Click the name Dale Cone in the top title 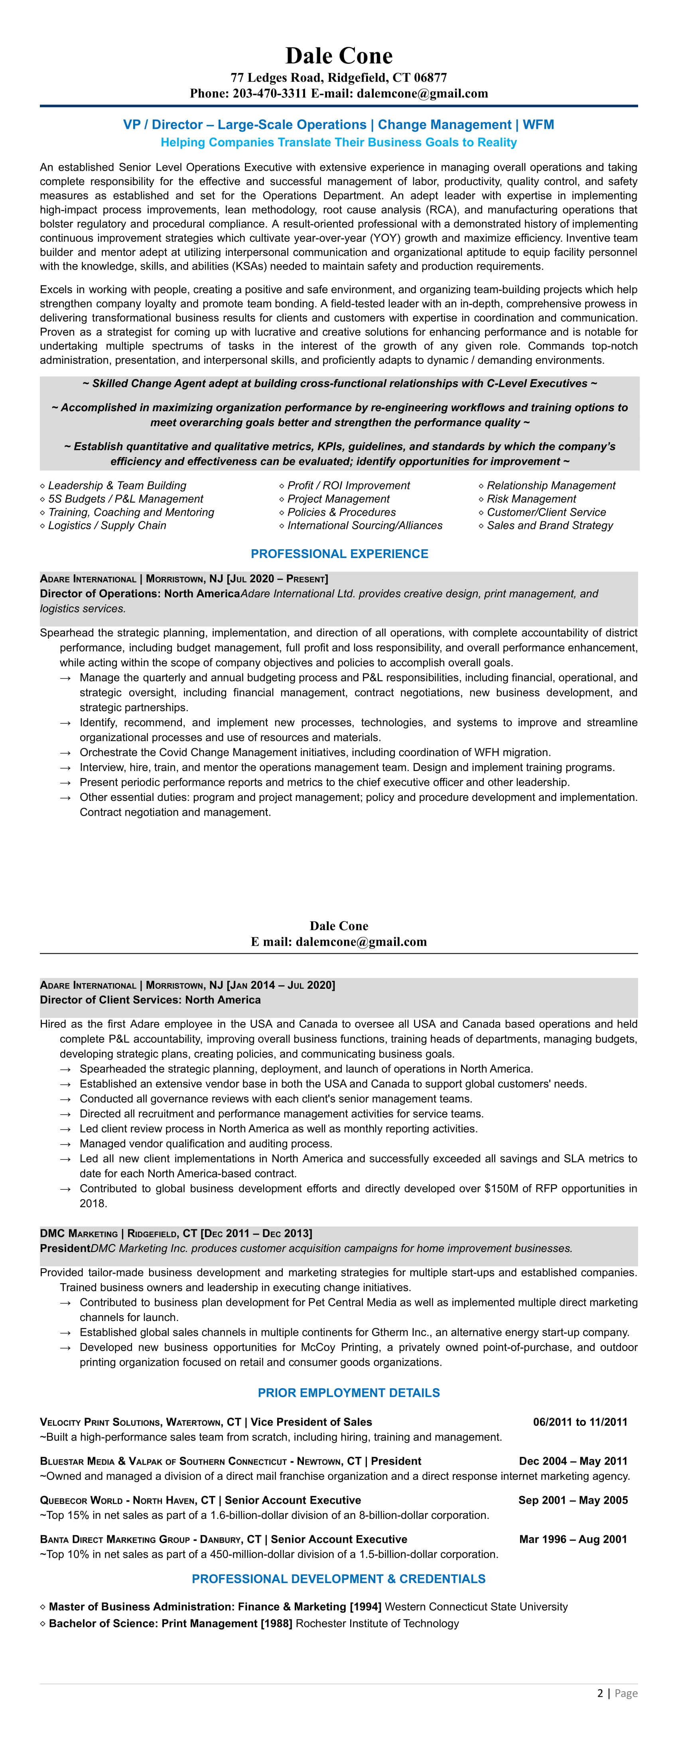tap(339, 56)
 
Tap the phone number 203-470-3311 tap(270, 93)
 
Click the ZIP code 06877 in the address tap(430, 78)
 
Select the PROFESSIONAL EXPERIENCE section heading tap(339, 554)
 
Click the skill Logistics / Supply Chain tap(106, 525)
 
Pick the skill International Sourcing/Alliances tap(365, 525)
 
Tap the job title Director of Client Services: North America tap(150, 1000)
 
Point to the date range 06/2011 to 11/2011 tap(580, 1422)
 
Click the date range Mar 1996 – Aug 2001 tap(573, 1539)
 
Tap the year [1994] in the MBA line tap(365, 1607)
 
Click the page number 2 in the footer tap(600, 1693)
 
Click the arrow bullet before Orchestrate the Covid tap(65, 753)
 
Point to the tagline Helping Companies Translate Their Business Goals tap(339, 142)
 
